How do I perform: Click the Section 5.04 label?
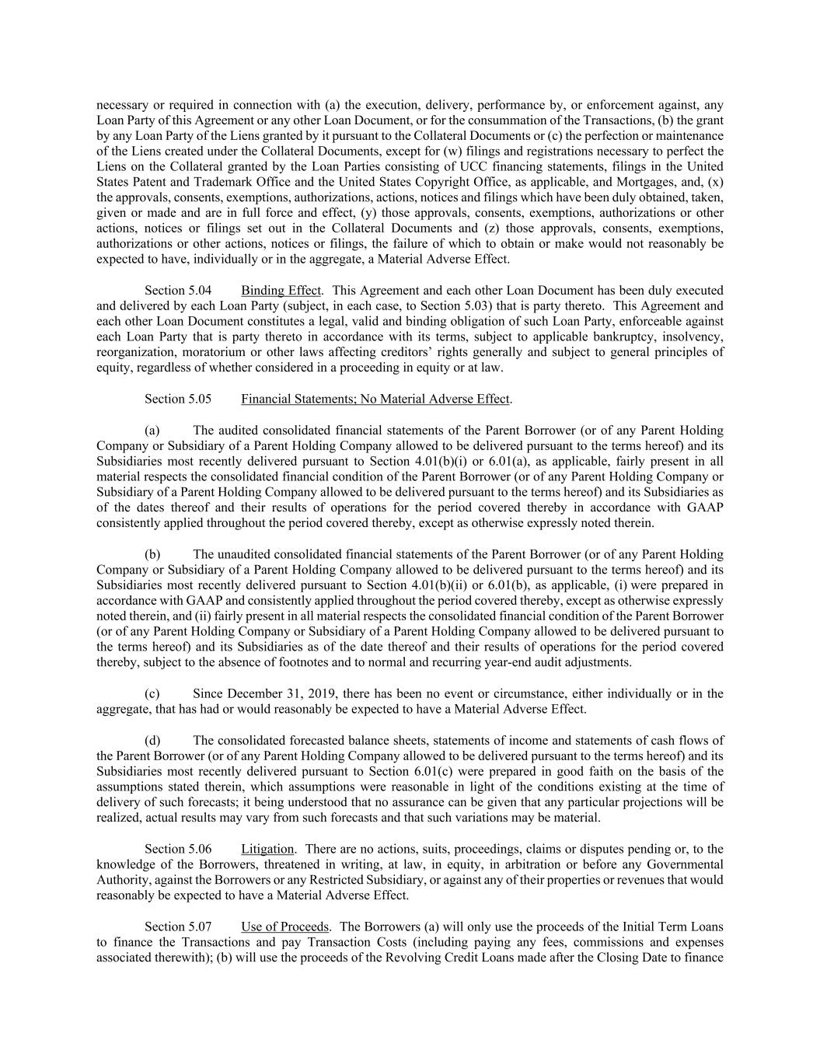point(177,291)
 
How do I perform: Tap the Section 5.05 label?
point(177,399)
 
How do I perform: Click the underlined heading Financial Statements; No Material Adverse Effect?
point(375,399)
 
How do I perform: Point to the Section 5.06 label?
point(177,849)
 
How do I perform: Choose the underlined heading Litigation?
point(267,849)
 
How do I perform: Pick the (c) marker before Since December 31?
point(152,693)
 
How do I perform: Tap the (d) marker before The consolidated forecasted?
point(152,740)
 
